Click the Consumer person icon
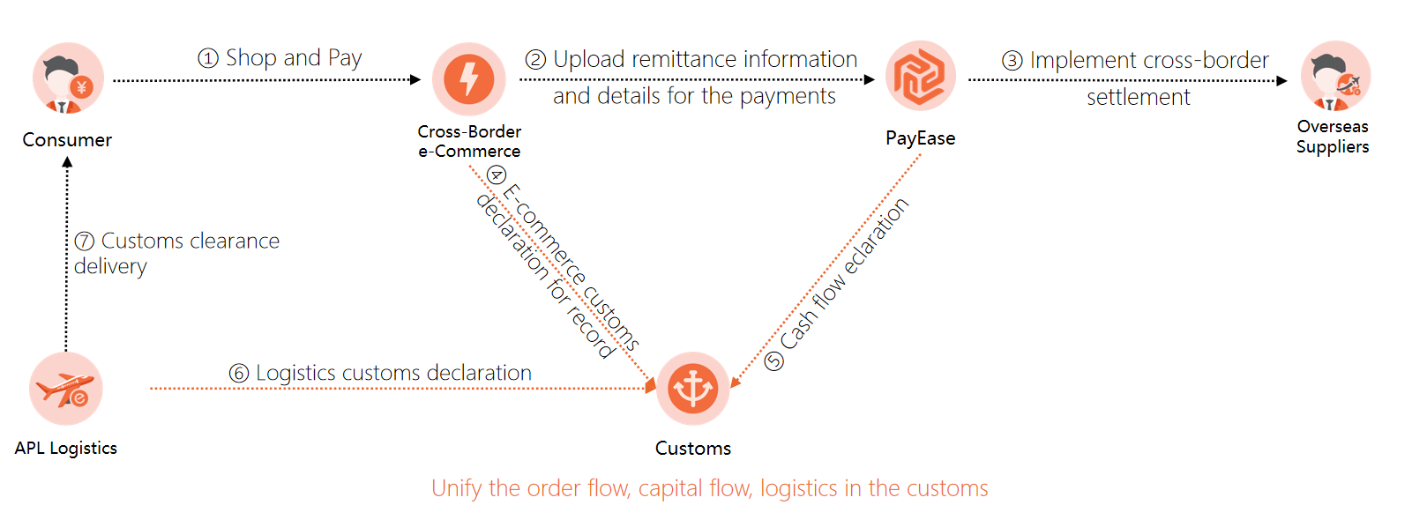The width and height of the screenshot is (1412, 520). coord(68,78)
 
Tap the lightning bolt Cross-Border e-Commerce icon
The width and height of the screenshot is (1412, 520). coord(469,78)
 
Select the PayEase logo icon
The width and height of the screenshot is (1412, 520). coord(920,76)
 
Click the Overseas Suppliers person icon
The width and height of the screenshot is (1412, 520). coord(1335,77)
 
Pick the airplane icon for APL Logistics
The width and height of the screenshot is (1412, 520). coord(66,389)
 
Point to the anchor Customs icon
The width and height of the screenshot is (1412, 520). coord(693,389)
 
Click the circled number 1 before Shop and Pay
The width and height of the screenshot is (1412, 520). coord(208,59)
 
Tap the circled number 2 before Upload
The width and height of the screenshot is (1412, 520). coord(535,60)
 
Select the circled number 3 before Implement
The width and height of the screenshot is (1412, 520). coord(1012,61)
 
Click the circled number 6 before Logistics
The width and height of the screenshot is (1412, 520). coord(239,374)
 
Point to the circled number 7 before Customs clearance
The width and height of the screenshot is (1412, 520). coord(85,241)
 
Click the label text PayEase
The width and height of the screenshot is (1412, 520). coord(920,138)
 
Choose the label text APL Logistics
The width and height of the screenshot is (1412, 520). coord(66,448)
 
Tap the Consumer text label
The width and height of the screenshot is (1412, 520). coord(67,140)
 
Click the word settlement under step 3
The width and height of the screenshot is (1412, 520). coord(1138,97)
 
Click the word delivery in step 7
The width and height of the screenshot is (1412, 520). coord(110,266)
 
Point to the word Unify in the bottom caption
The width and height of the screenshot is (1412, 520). coord(456,488)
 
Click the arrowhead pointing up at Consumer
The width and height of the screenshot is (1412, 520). coord(67,162)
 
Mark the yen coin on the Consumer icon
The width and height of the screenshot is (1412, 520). coord(82,87)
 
